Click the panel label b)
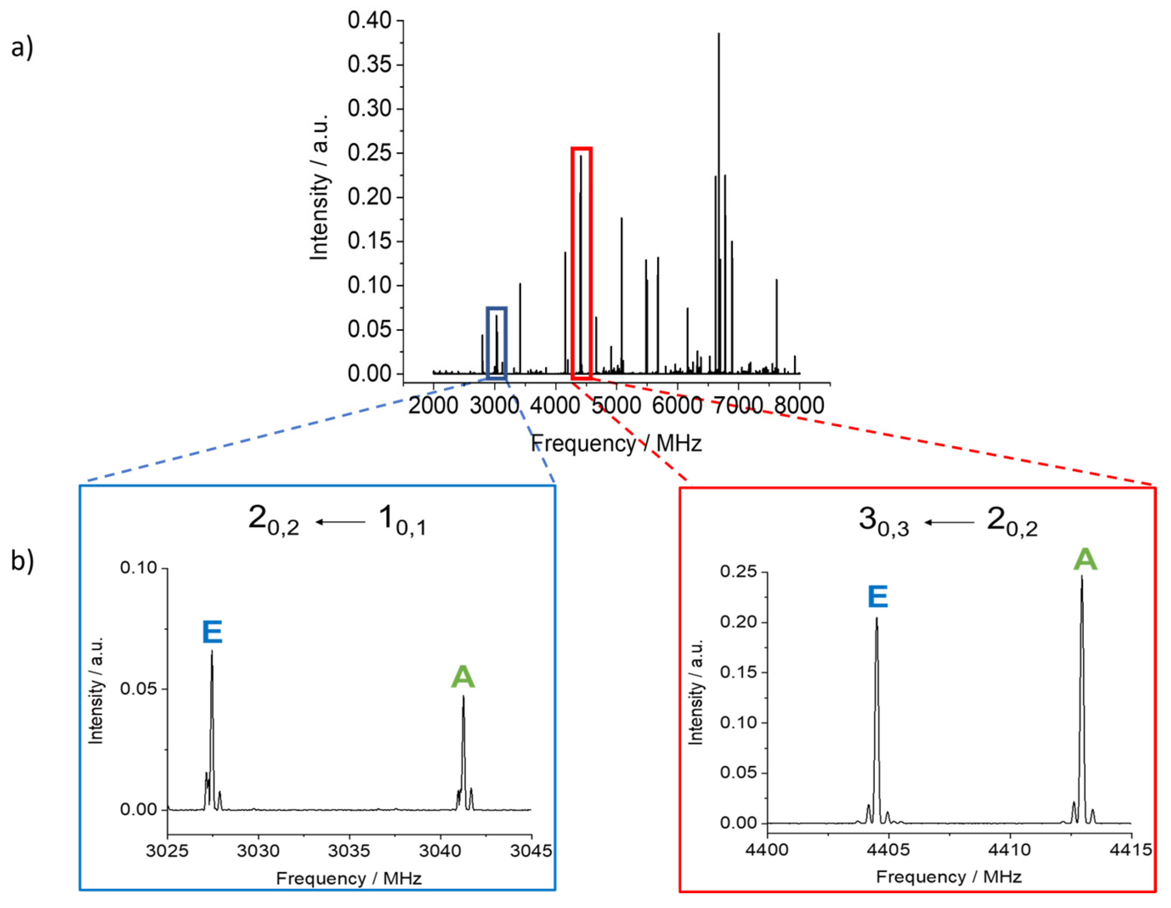pos(22,561)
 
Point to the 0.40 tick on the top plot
pos(369,21)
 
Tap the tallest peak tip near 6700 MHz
pos(718,34)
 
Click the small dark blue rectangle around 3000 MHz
pos(496,343)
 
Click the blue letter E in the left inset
pos(212,632)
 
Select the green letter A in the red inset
pos(1085,559)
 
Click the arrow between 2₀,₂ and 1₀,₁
pos(340,521)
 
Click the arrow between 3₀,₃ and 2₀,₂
pos(949,522)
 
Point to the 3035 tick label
pos(349,851)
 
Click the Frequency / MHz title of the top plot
pos(616,444)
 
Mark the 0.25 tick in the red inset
pos(738,572)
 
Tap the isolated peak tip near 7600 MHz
pos(776,280)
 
